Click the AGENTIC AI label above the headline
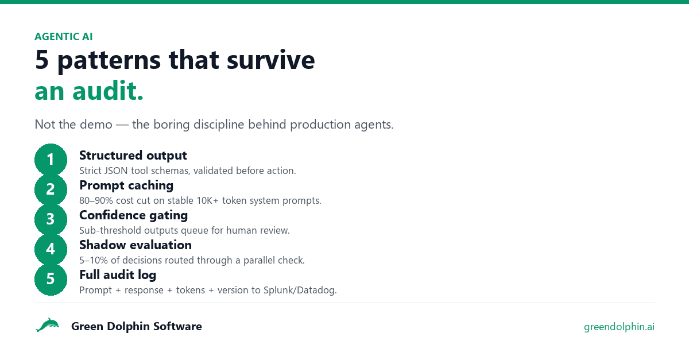(x=63, y=37)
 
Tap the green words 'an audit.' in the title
(x=89, y=91)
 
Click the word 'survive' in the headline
(x=270, y=60)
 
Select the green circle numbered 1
(x=51, y=160)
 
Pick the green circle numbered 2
(x=51, y=189)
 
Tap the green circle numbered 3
(x=51, y=219)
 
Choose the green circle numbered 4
(x=51, y=249)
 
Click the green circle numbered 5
(x=51, y=279)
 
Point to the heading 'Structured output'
(x=133, y=156)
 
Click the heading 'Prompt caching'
(x=126, y=185)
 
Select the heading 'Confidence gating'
(x=133, y=215)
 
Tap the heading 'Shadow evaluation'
(x=136, y=245)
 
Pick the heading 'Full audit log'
(x=118, y=275)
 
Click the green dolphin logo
(x=47, y=325)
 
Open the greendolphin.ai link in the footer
(x=619, y=327)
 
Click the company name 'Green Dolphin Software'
(x=137, y=327)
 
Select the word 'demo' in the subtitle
(x=96, y=125)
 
